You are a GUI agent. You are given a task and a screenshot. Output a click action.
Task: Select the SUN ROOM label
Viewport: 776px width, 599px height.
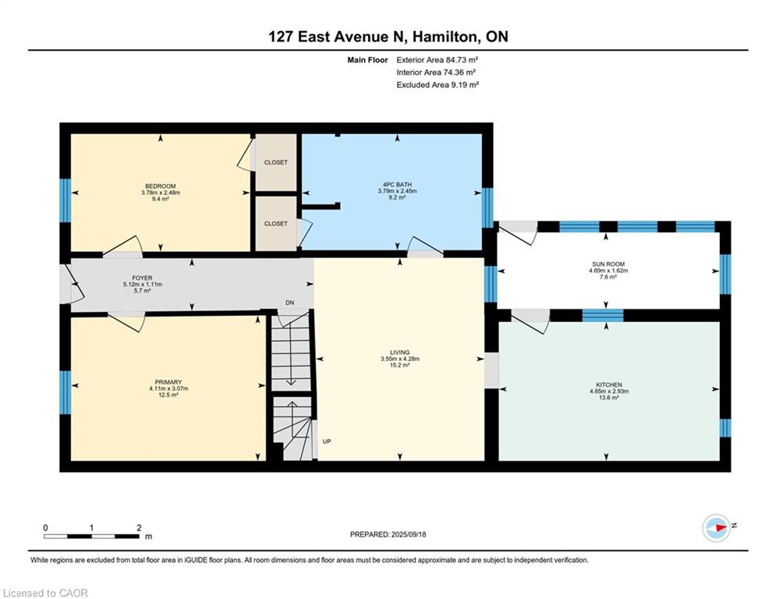pos(608,264)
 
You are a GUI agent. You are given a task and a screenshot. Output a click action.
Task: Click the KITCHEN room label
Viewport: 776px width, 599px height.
pos(608,385)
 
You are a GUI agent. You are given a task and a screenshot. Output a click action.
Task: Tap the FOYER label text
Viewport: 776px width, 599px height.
pos(142,278)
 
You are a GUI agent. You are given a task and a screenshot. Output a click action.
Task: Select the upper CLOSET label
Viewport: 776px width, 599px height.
pos(275,162)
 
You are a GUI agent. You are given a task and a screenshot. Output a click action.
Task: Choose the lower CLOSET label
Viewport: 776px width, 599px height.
pos(275,223)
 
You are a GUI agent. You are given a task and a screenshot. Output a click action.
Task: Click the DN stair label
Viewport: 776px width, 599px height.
pos(289,303)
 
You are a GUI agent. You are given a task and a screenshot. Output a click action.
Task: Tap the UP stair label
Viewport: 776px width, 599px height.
pos(327,441)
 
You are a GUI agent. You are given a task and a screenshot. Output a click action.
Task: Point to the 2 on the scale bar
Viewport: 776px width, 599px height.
pos(138,527)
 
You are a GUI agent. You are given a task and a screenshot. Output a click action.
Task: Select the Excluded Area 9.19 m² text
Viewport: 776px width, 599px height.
pos(438,84)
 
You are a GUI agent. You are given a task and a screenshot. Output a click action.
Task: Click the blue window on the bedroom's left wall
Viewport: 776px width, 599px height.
pos(66,199)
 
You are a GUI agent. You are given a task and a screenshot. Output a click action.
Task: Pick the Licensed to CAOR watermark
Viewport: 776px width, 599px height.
pos(46,593)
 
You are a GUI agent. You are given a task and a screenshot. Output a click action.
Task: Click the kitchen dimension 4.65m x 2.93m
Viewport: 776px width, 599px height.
pos(608,392)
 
